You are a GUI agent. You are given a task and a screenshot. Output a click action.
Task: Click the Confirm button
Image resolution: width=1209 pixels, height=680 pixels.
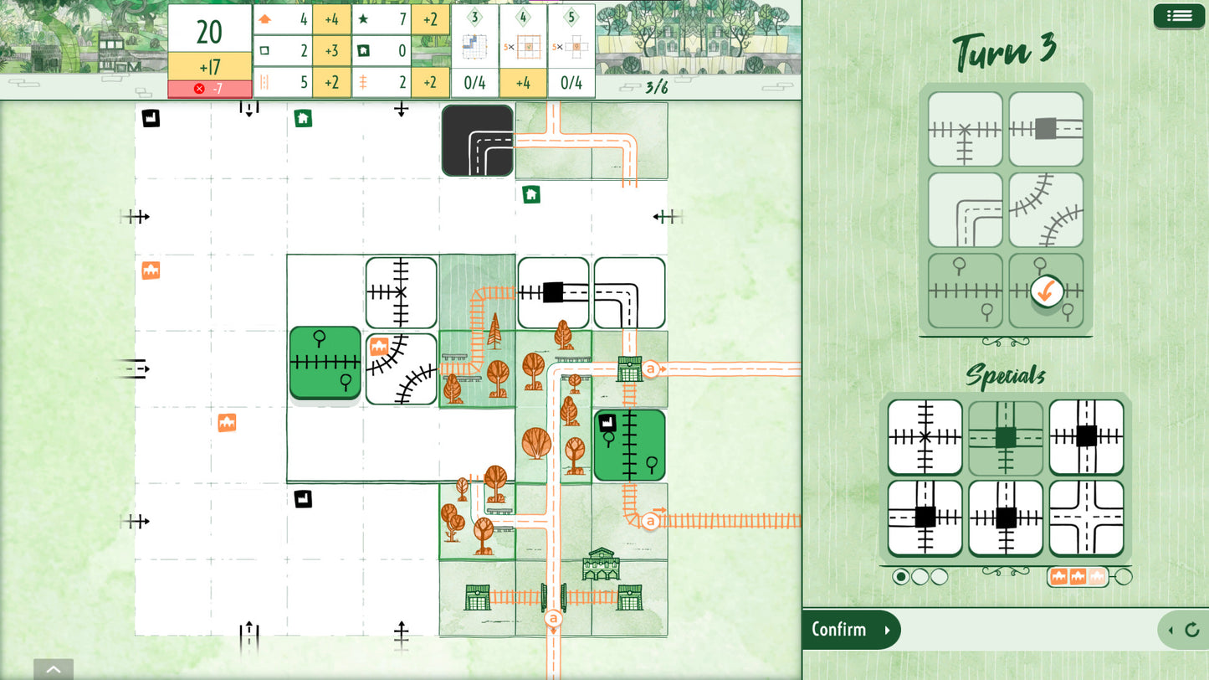(x=850, y=630)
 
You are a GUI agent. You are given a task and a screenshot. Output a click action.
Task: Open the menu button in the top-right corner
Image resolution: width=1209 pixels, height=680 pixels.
(x=1179, y=16)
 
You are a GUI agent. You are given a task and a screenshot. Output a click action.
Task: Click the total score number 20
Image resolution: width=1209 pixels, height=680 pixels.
(x=209, y=32)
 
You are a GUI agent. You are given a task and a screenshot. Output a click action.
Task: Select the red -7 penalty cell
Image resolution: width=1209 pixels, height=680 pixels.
(x=209, y=89)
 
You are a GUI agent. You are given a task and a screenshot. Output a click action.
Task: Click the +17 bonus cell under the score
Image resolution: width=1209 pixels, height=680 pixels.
(x=209, y=66)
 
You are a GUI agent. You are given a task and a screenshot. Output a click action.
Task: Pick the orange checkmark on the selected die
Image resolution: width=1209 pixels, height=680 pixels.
(x=1045, y=291)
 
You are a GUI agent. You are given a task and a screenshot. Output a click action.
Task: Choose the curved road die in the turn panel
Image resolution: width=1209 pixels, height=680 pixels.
(x=966, y=209)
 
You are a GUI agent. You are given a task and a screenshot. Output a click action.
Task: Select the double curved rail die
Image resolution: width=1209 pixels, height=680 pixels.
(x=1046, y=209)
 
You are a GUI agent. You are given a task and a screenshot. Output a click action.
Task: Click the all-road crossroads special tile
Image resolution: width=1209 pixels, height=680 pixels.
(x=1086, y=518)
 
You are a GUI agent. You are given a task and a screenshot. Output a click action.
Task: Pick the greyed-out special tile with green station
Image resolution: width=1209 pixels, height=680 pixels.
(x=1006, y=437)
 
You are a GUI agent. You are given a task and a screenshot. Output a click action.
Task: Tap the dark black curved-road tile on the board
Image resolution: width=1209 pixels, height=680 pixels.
(x=478, y=141)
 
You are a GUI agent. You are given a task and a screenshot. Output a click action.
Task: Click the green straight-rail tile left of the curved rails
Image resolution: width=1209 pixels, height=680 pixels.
(x=325, y=363)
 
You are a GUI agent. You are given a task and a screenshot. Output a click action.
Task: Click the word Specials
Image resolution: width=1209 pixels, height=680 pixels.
(x=1005, y=376)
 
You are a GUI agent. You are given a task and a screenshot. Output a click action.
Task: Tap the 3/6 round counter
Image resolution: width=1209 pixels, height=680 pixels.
(x=657, y=87)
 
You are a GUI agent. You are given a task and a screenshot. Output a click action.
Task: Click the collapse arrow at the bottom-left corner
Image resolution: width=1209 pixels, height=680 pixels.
(x=54, y=669)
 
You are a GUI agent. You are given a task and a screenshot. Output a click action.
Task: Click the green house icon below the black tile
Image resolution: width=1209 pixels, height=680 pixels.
(x=530, y=195)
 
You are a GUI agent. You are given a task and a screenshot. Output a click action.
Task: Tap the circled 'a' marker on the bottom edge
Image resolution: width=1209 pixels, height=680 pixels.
(x=552, y=619)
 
